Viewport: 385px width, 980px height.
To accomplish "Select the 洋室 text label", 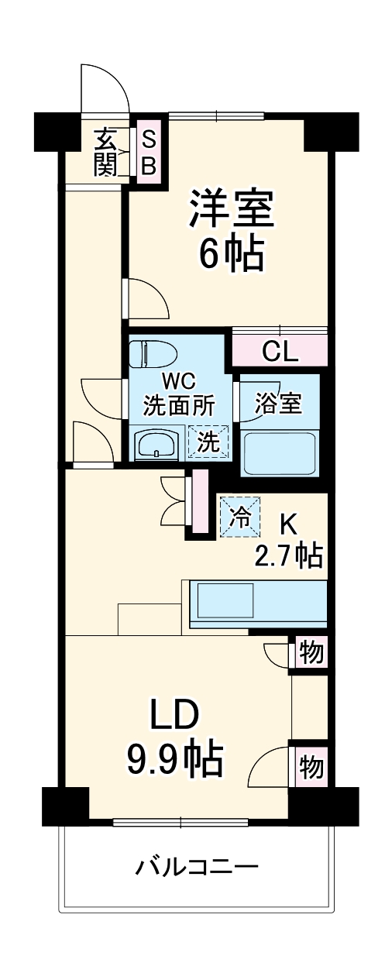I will pos(232,208).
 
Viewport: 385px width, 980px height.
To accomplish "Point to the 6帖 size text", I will pos(232,253).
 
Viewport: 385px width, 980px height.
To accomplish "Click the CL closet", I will pos(279,351).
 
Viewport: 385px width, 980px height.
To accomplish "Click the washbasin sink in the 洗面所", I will pos(158,445).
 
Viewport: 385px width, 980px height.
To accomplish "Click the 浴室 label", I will pos(279,404).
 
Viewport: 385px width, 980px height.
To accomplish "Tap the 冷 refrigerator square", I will pos(242,517).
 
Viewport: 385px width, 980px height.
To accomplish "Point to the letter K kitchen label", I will pos(287,524).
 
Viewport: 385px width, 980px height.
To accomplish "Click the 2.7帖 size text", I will pos(288,555).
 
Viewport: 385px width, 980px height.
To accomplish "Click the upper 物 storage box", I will pos(311,653).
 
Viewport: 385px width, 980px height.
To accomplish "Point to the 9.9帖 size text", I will pos(176,761).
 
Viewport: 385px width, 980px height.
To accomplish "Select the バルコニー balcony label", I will pos(198,865).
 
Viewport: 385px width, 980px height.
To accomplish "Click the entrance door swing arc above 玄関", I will pos(105,87).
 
